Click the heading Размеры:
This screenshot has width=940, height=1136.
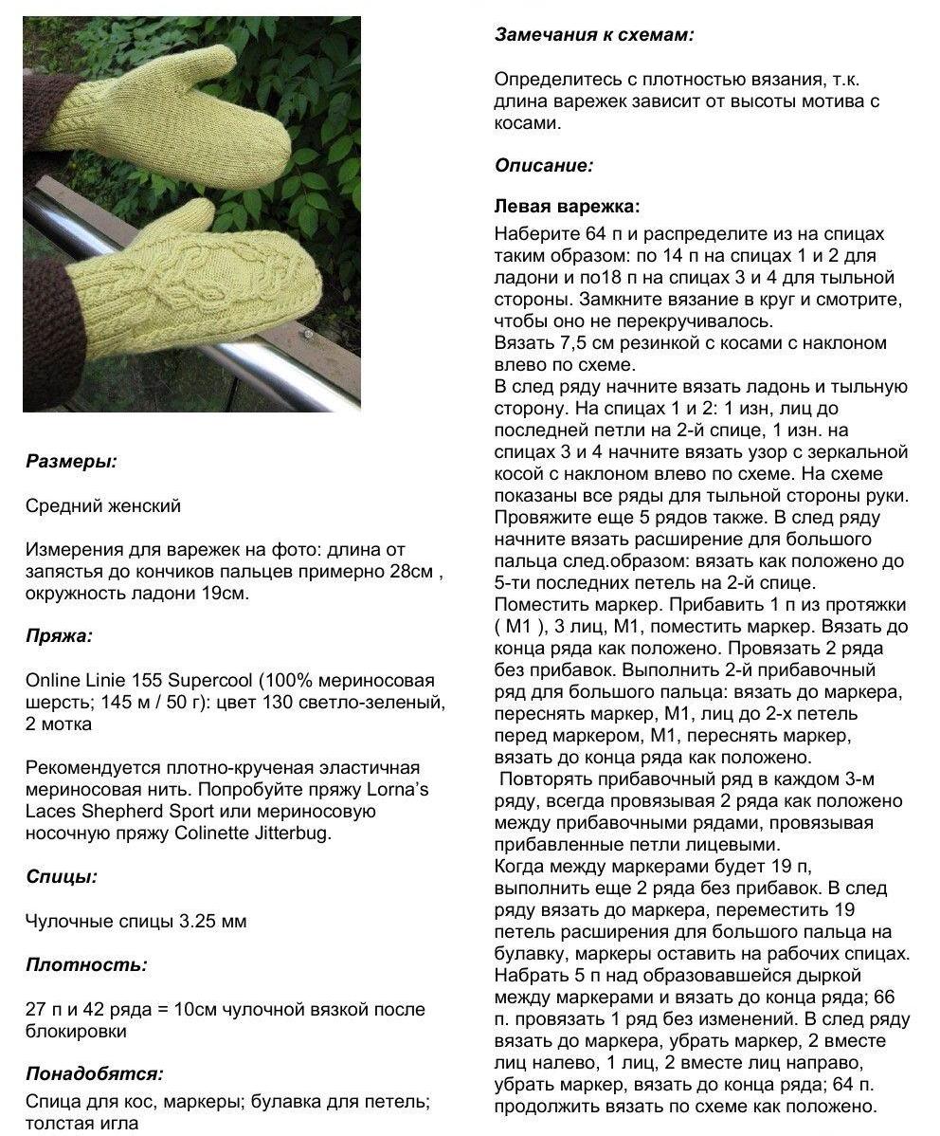[x=71, y=463]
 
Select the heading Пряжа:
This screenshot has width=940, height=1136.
[x=59, y=636]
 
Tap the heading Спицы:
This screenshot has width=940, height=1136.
[x=62, y=877]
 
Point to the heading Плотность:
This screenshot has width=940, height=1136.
[x=86, y=965]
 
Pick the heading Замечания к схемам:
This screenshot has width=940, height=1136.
[x=594, y=35]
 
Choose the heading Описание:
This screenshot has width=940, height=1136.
[x=544, y=165]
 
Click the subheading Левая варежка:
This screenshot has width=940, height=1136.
[x=567, y=206]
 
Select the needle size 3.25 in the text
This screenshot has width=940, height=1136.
[x=197, y=921]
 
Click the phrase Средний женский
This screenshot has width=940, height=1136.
[x=103, y=506]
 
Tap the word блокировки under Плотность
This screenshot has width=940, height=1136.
[x=76, y=1031]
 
